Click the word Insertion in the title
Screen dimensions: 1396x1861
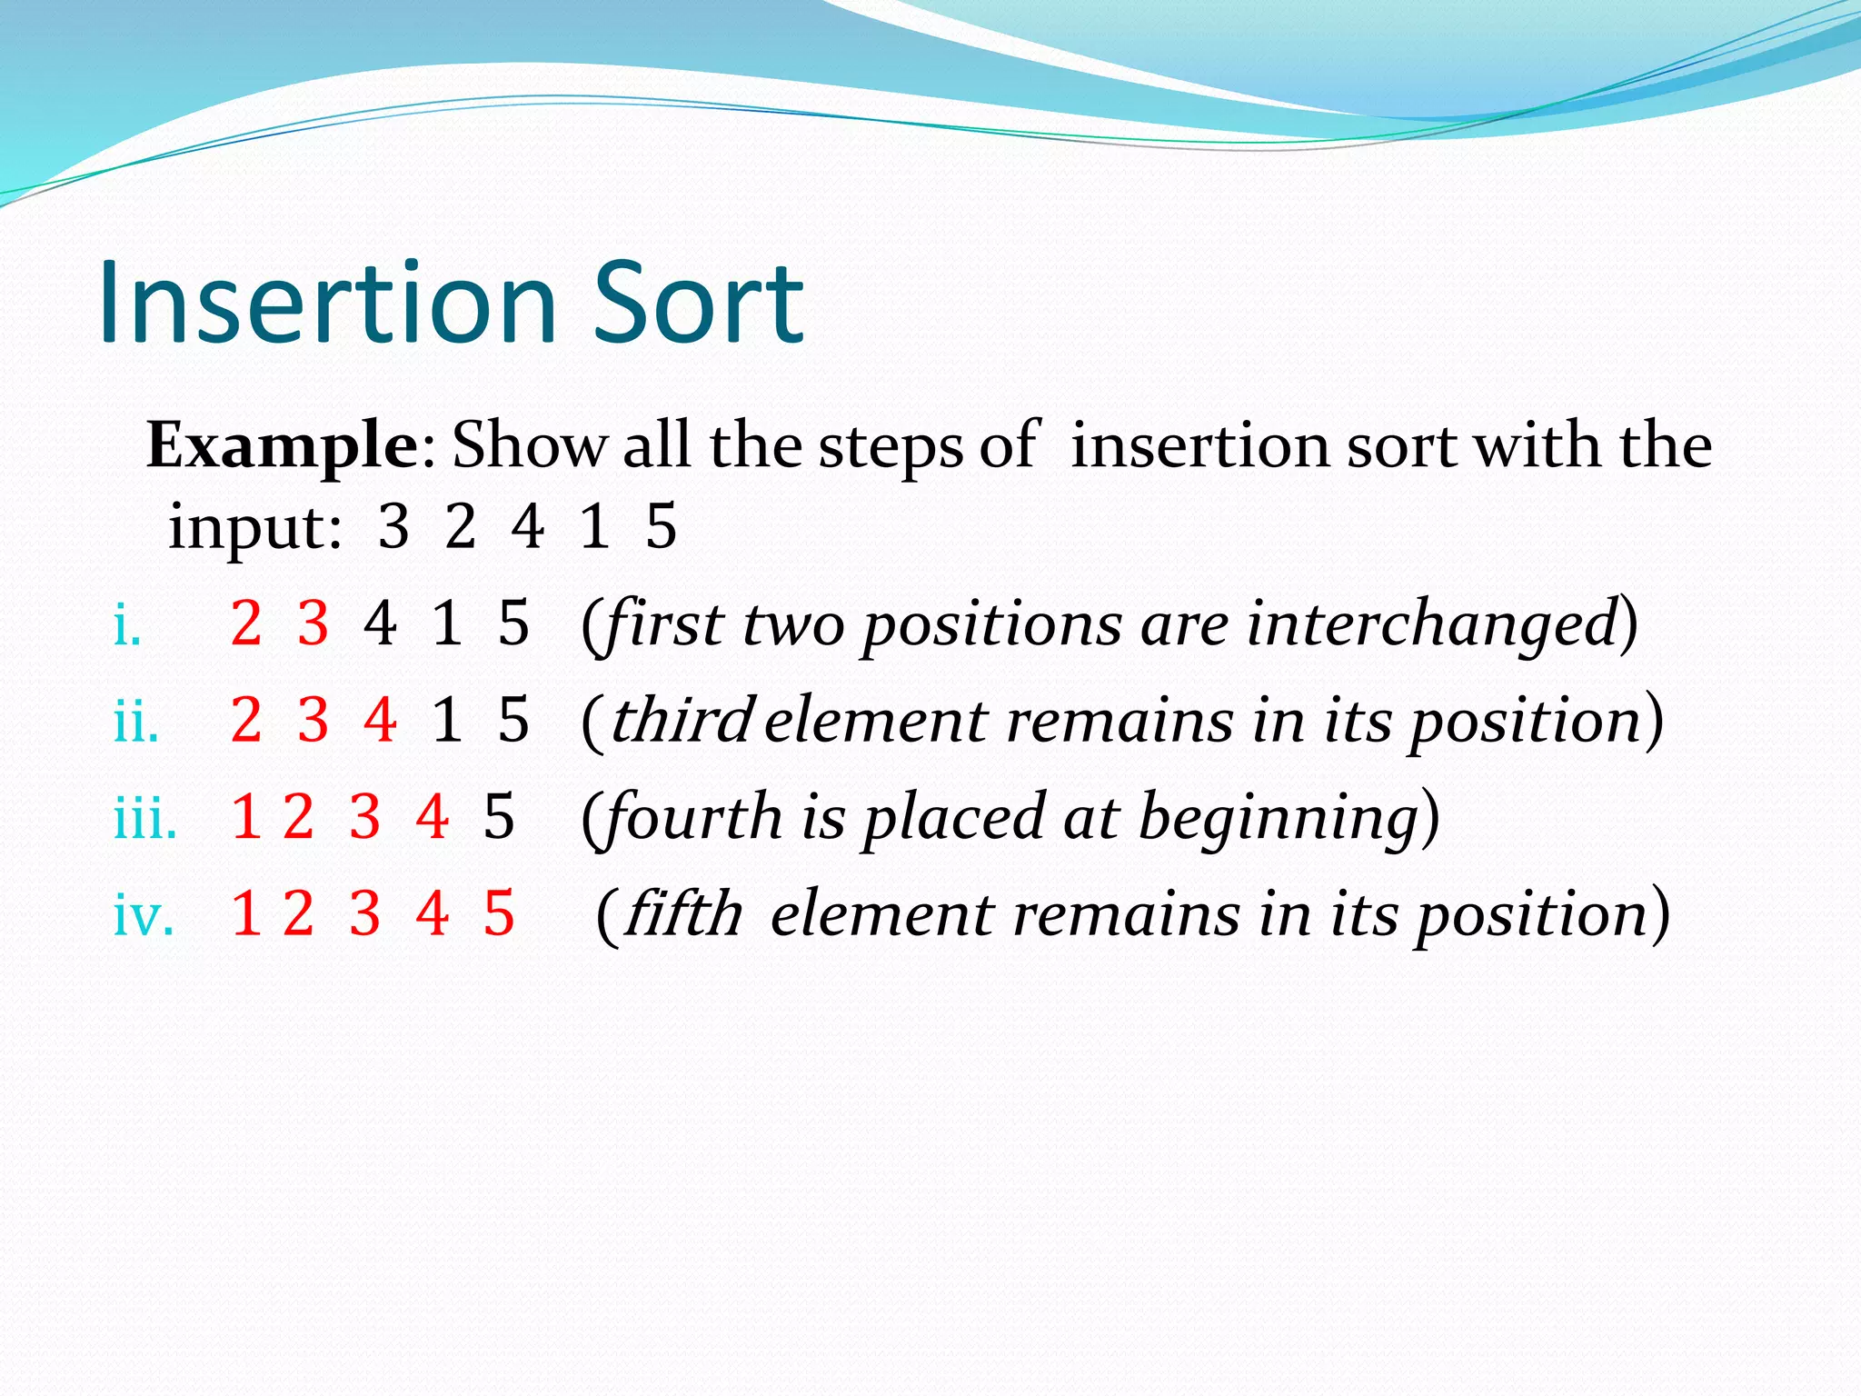coord(327,303)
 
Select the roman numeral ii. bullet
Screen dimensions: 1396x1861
coord(136,722)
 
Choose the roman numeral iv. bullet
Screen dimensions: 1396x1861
coord(143,914)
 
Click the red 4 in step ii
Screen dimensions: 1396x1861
coord(380,720)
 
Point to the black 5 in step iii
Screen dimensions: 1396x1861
coord(499,816)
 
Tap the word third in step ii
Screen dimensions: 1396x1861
coord(682,720)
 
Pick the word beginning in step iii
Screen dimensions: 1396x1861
coord(1279,818)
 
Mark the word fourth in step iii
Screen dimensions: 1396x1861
coord(692,816)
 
